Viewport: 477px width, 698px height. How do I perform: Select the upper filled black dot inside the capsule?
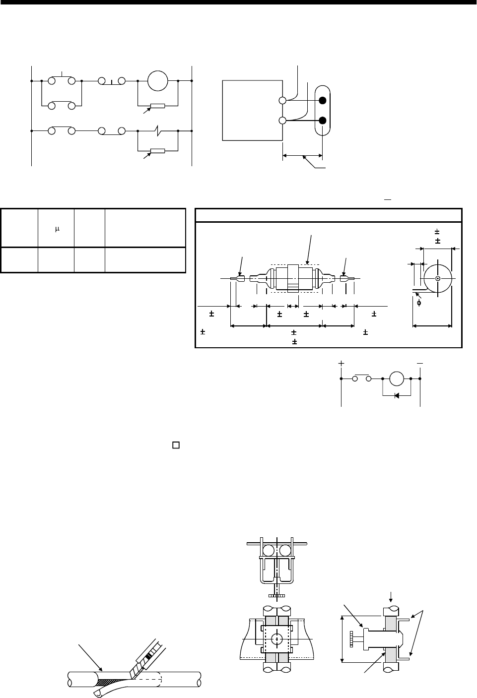[323, 101]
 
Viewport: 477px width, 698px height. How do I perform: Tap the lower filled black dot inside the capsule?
[323, 120]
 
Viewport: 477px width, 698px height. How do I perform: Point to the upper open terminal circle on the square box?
[282, 100]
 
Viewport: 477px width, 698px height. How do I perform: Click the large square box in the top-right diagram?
[252, 111]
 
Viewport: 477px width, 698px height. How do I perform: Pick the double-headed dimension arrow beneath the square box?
[302, 156]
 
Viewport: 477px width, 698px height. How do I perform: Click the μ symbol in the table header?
[57, 229]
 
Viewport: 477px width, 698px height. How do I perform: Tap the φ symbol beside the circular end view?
[419, 303]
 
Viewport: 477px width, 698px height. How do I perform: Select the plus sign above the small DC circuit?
[341, 364]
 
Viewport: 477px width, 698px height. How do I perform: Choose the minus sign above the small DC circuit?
[420, 364]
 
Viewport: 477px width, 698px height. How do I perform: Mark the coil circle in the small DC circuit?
[397, 379]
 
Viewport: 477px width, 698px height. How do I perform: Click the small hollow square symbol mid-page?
[175, 444]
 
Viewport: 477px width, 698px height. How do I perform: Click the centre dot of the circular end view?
[437, 278]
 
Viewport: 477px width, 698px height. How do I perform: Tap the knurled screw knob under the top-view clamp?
[276, 595]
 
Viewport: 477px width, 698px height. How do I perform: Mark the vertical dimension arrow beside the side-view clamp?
[342, 638]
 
